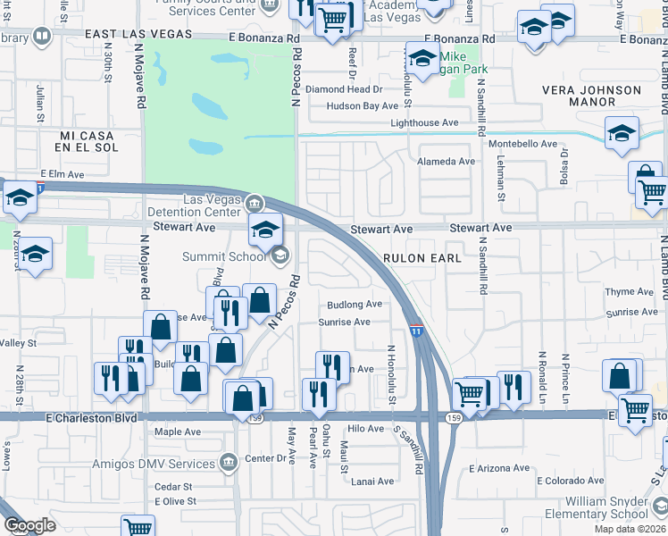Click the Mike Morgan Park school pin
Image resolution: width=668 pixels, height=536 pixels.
(422, 60)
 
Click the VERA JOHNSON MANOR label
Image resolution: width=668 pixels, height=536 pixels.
(592, 96)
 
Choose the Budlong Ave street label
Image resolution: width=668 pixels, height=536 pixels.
(355, 305)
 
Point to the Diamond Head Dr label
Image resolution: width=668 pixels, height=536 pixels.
(344, 89)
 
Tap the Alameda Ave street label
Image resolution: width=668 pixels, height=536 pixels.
(447, 162)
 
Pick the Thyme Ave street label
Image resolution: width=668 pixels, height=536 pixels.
(630, 292)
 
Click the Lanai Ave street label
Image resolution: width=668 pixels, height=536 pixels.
(372, 482)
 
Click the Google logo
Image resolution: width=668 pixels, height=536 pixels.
(29, 525)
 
